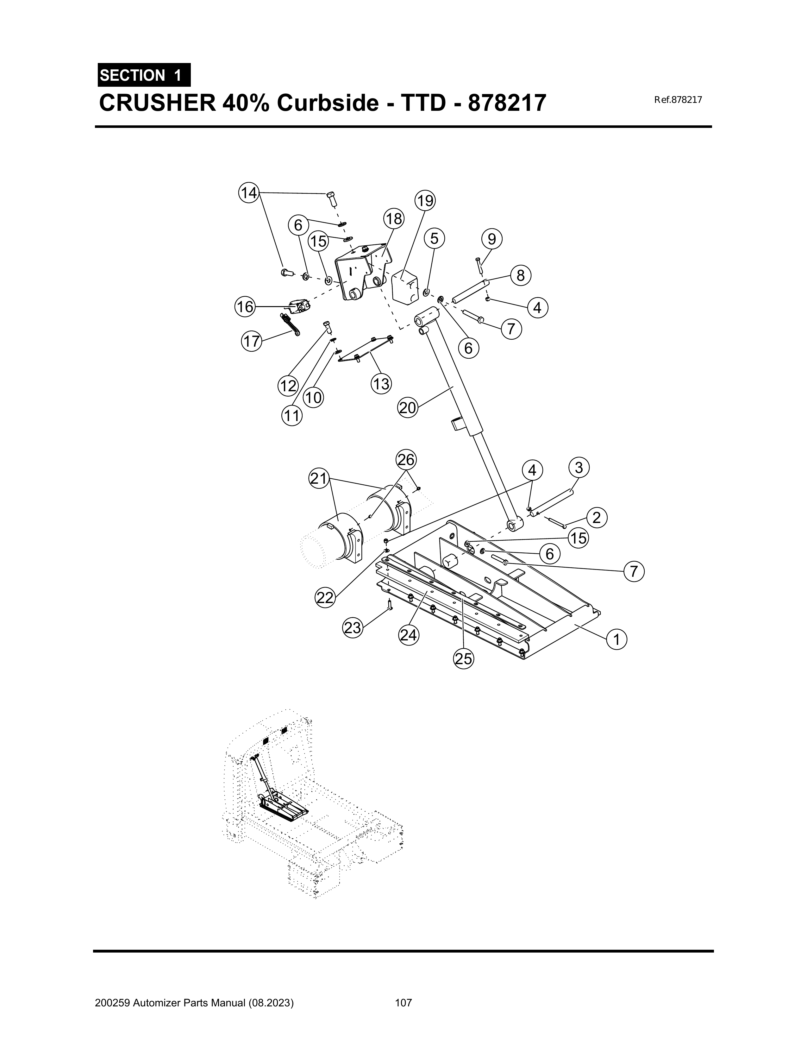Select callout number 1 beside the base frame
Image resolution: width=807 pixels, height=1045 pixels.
616,639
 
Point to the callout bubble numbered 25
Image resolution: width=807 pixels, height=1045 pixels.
463,659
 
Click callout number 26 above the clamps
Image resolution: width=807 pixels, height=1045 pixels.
406,460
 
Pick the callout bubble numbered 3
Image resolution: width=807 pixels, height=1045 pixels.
579,467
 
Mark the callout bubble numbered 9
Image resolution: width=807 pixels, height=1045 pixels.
492,238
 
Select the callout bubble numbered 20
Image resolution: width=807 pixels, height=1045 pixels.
408,408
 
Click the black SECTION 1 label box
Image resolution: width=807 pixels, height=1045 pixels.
144,75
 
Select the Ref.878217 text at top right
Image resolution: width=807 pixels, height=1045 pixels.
677,100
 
